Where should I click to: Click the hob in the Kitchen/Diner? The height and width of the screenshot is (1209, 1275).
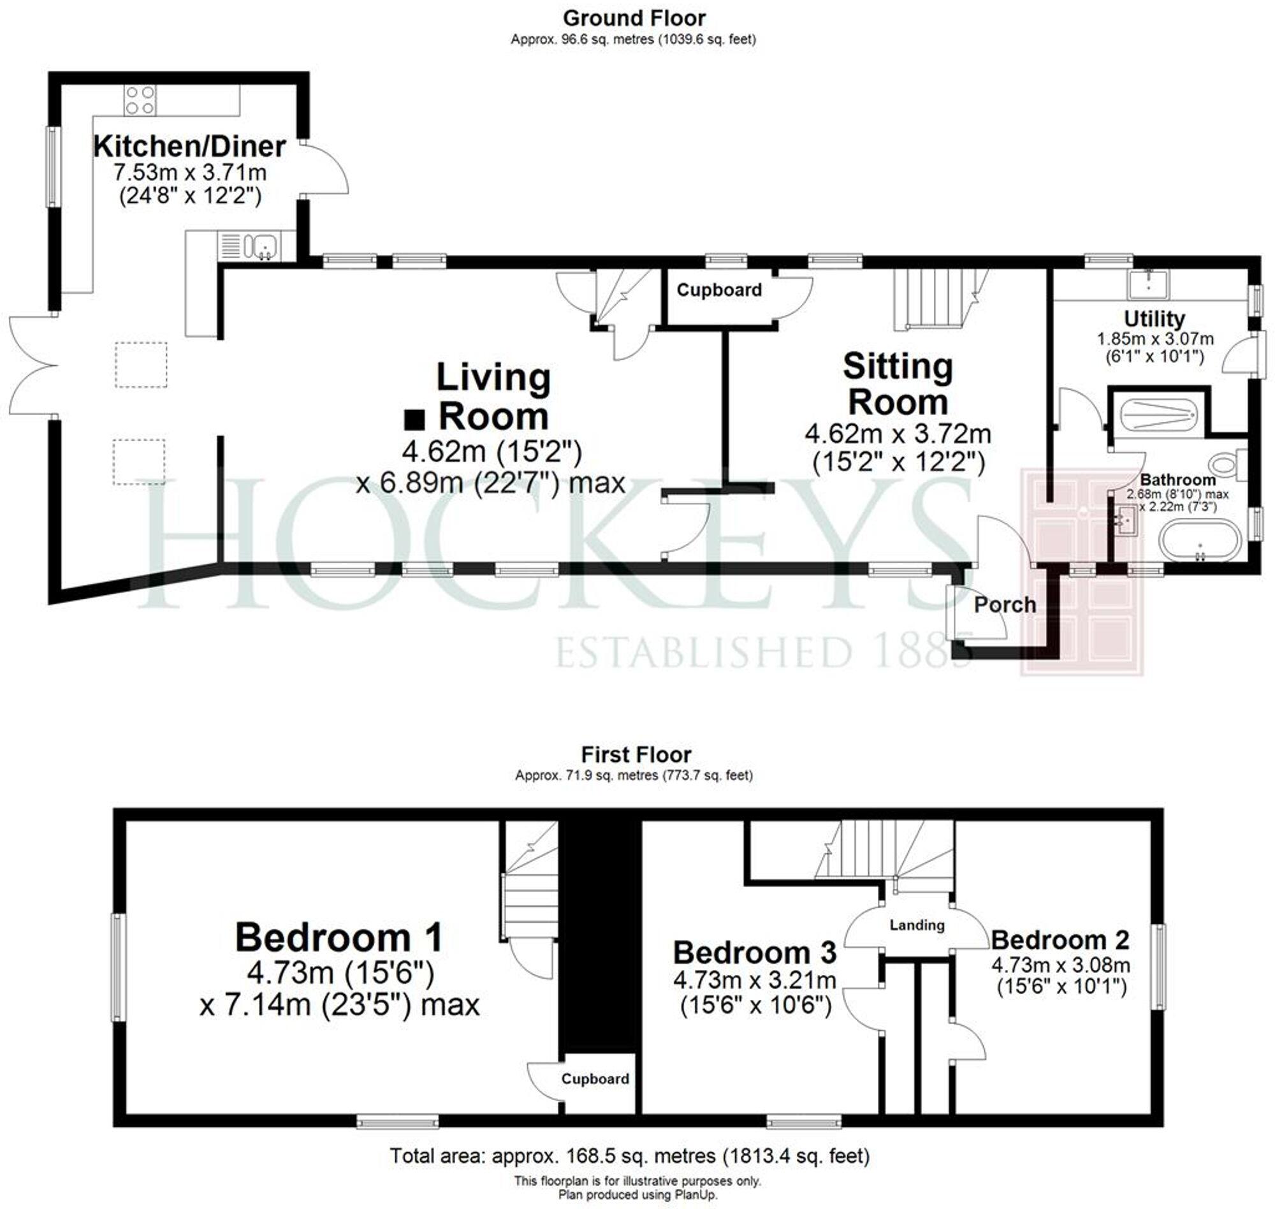(140, 100)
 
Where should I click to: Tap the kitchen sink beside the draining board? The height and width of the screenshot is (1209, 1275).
(265, 245)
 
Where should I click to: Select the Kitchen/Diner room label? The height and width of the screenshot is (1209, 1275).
(189, 146)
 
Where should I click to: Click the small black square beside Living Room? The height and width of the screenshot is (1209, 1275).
(414, 420)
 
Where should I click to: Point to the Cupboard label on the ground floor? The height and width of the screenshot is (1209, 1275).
(719, 290)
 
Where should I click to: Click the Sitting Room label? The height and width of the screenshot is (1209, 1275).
(898, 384)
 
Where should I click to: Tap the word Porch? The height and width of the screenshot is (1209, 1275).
(1005, 604)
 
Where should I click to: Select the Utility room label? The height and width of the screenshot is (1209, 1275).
(1154, 319)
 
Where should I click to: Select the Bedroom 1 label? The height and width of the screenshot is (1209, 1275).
(339, 938)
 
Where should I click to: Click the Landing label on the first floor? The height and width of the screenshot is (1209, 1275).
(917, 925)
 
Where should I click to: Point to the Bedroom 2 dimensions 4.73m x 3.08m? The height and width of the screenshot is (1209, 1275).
(1060, 965)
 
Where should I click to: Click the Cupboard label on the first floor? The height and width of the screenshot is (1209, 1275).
(595, 1079)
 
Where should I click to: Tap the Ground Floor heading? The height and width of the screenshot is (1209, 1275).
(634, 18)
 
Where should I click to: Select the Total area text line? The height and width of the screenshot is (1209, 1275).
(629, 1155)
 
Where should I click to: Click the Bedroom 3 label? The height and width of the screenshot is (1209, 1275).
(754, 952)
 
